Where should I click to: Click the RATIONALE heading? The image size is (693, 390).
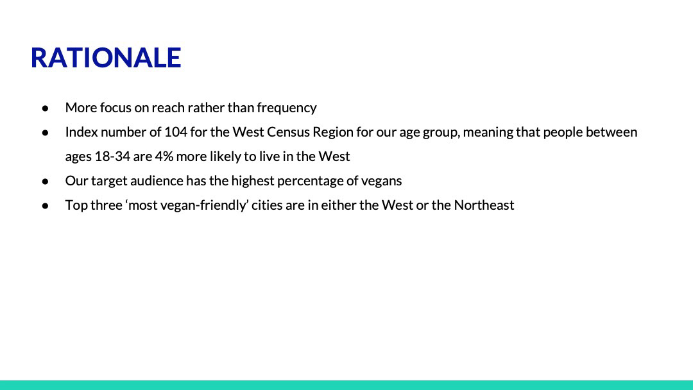coord(106,58)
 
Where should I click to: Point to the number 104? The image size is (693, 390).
coord(176,132)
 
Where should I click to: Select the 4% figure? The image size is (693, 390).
coord(164,157)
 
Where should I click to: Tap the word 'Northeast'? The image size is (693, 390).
coord(484,205)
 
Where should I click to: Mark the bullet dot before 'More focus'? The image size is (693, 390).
coord(45,108)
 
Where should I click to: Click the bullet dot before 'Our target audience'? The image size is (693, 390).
coord(45,181)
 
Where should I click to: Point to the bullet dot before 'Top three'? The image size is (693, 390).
coord(45,205)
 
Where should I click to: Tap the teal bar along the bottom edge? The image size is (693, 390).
coord(346,385)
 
